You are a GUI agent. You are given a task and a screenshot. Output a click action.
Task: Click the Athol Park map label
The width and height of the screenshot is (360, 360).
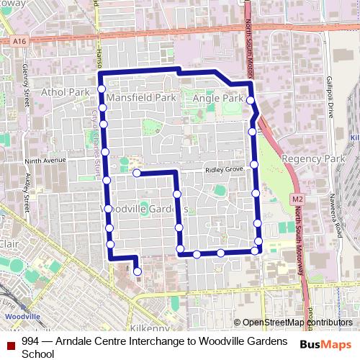click(66, 92)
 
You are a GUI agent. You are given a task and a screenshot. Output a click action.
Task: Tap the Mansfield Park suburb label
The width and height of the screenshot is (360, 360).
click(141, 96)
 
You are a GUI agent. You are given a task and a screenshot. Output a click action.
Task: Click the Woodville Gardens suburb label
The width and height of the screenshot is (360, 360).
click(142, 208)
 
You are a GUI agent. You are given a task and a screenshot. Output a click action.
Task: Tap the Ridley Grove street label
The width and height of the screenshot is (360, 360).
click(225, 170)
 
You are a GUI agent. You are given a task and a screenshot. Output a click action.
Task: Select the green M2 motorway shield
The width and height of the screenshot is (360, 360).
click(298, 198)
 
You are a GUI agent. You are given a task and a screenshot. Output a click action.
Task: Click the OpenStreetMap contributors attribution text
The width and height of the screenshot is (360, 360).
click(297, 323)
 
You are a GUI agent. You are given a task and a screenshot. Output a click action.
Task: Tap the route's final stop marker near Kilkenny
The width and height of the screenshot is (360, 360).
click(137, 271)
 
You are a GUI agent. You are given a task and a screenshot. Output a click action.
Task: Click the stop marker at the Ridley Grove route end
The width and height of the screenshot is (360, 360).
click(136, 173)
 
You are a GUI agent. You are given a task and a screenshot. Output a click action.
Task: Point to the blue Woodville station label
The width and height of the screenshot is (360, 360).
click(17, 315)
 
